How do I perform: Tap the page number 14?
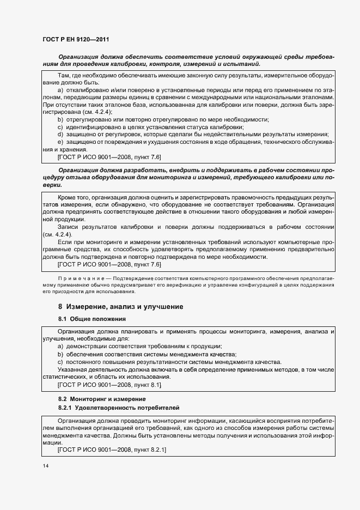click(x=46, y=466)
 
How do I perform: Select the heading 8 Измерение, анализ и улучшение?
click(x=120, y=307)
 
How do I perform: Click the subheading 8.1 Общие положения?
click(x=92, y=319)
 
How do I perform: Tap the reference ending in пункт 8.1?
click(x=109, y=385)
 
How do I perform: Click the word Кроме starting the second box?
click(x=67, y=196)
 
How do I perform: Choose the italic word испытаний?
click(x=243, y=64)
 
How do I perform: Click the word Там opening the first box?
click(x=64, y=74)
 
